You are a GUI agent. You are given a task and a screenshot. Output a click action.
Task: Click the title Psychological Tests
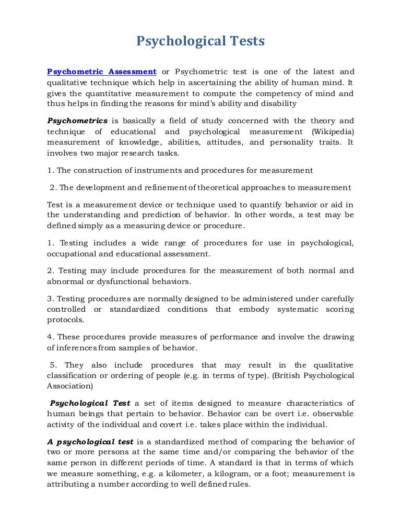tap(200, 41)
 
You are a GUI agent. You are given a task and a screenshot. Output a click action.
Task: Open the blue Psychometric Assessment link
tap(102, 72)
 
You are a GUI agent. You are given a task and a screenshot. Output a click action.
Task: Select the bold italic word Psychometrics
tap(77, 121)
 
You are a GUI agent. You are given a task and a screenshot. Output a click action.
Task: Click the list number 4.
tap(49, 337)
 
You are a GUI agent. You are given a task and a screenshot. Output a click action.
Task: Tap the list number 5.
tap(53, 365)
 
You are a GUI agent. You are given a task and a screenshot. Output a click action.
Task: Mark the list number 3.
tap(49, 299)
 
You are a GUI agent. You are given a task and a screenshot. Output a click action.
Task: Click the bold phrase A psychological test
tap(90, 441)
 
